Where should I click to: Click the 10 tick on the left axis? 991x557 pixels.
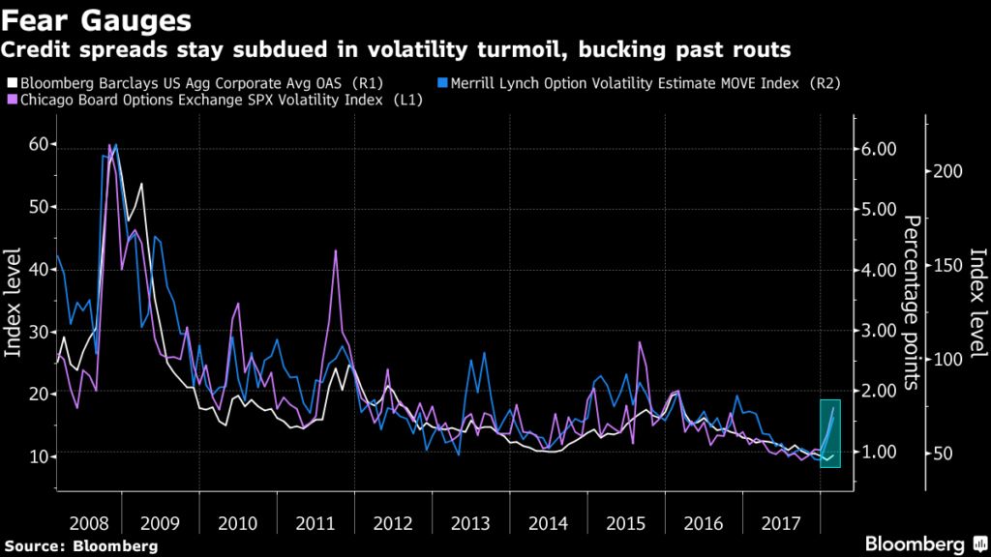click(x=40, y=455)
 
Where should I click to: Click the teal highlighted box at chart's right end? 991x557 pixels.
click(x=830, y=433)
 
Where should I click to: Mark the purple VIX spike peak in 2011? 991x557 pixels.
click(x=335, y=250)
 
